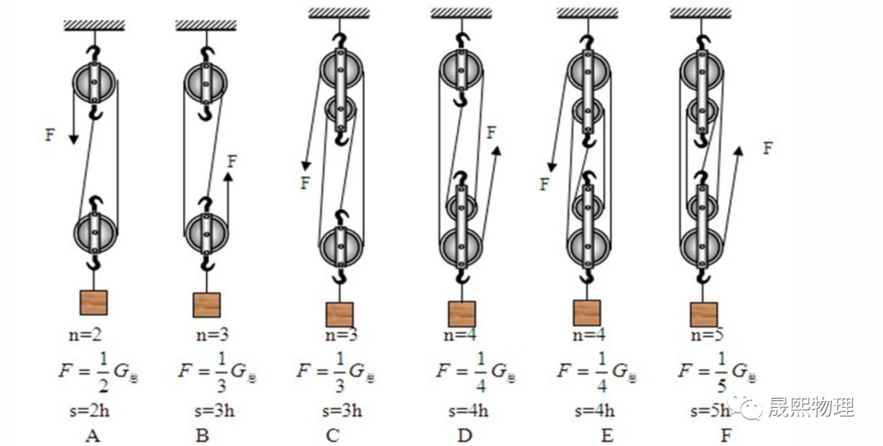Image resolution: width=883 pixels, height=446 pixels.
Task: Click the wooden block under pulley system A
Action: coord(93,302)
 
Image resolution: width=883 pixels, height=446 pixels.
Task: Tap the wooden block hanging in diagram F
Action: coord(703,314)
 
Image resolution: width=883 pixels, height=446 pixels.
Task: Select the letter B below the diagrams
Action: coord(202,435)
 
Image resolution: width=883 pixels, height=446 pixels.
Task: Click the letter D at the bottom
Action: coord(464,435)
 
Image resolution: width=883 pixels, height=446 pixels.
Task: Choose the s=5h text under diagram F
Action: coord(709,410)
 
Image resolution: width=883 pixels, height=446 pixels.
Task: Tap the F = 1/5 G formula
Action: coord(717,372)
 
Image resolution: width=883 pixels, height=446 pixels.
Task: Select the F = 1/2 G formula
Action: coord(94,372)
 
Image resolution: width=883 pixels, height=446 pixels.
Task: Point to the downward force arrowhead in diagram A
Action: coord(73,138)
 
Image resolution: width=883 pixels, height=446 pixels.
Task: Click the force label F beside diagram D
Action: coord(491,131)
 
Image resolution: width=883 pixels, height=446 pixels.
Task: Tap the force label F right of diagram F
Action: coord(767,148)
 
